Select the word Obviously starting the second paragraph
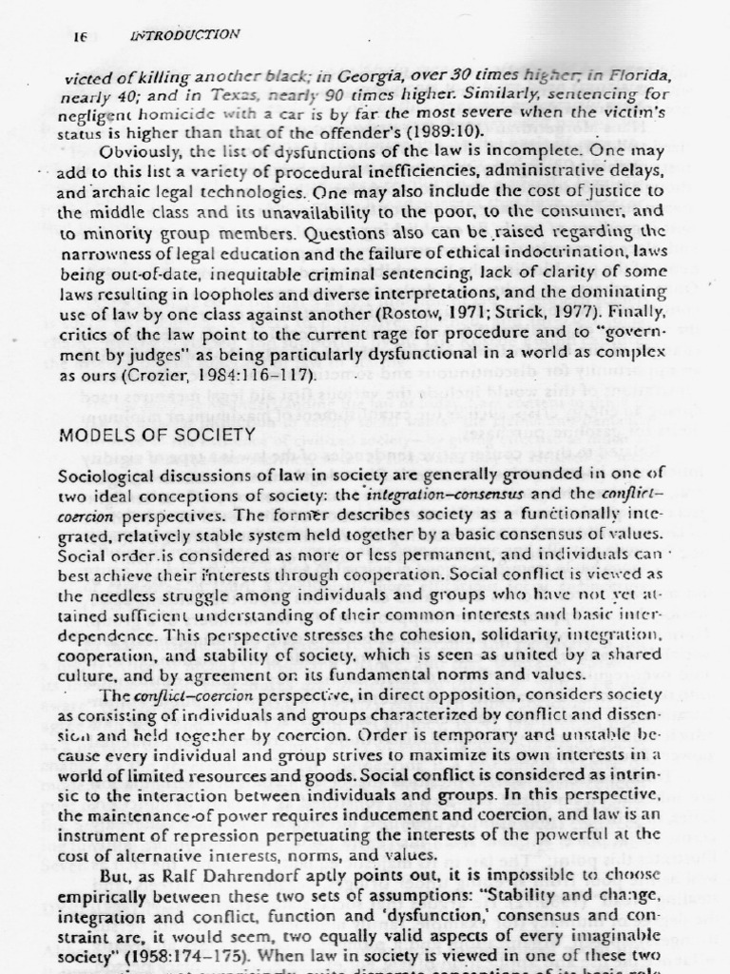click(x=143, y=151)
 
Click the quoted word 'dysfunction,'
click(x=411, y=921)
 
